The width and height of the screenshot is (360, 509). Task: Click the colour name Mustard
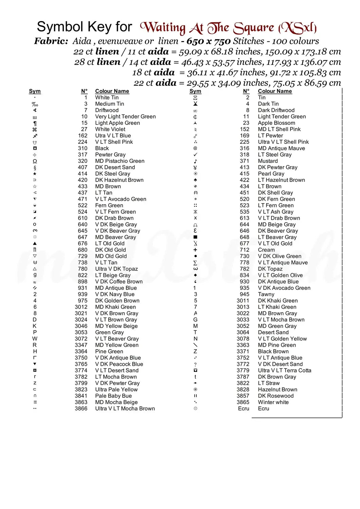tap(268, 161)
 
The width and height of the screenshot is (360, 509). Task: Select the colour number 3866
tap(81, 409)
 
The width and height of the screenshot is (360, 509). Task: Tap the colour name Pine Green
tap(109, 352)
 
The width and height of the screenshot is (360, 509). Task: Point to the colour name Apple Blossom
tap(276, 123)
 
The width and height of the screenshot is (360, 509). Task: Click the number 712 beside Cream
tap(245, 250)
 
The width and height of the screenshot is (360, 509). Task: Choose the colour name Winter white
tap(273, 402)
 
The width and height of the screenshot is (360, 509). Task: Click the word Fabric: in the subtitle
tap(51, 41)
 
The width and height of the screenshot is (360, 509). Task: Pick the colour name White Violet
tap(110, 129)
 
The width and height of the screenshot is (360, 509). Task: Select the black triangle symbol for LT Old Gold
tap(35, 244)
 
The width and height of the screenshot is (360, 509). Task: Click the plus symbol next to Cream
tap(195, 250)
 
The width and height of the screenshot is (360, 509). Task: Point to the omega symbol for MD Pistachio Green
tap(35, 161)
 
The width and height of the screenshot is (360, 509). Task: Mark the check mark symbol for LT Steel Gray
tap(195, 155)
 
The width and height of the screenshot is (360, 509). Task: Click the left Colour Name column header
tap(112, 91)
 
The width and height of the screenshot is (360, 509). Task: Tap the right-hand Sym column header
tap(195, 91)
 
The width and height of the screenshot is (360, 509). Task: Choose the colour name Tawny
tap(266, 295)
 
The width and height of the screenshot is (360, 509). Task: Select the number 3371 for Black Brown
tap(243, 352)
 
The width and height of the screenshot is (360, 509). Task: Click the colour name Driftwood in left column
tap(107, 110)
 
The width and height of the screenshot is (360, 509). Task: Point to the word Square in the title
tap(254, 28)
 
